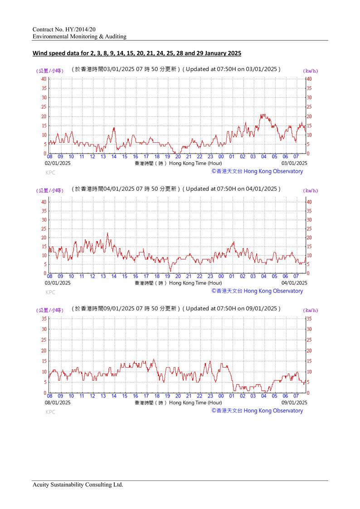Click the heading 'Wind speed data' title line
coord(136,53)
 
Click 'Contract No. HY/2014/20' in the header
coord(64,29)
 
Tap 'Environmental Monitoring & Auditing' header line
coord(79,36)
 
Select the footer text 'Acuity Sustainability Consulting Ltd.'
coord(78,485)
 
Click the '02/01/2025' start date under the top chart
coord(58,163)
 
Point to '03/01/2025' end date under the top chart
coord(295,163)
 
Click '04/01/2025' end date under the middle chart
coord(295,283)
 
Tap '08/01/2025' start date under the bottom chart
coord(58,402)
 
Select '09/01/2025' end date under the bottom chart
coord(295,402)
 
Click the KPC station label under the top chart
coord(50,173)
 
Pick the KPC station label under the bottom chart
coord(50,412)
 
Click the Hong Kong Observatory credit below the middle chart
coord(257,291)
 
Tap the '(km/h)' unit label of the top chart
coord(311,70)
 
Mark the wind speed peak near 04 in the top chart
coord(263,115)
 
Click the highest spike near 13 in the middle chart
coord(107,233)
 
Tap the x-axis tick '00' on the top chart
coord(221,157)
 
